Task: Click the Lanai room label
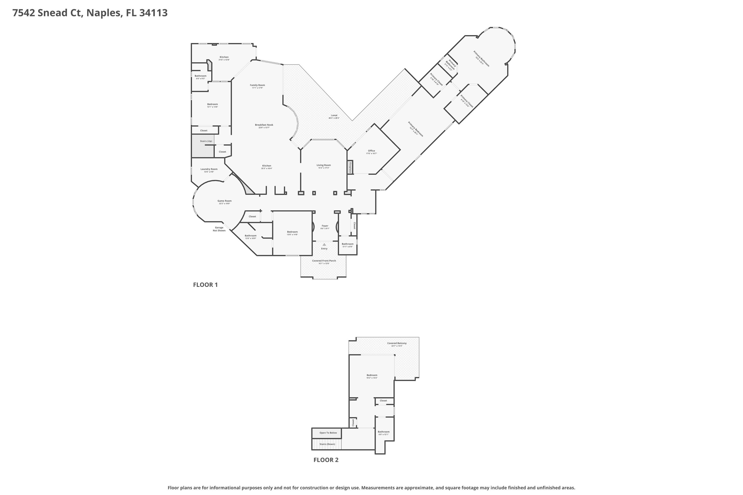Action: pos(334,116)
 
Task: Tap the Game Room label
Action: pos(224,201)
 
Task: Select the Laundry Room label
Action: pos(209,169)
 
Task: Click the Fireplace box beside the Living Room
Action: pos(350,167)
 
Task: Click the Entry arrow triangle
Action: pos(324,244)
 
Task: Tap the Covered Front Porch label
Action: pos(324,261)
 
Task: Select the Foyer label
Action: pos(325,226)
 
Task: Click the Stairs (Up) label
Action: pos(206,141)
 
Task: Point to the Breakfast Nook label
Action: pos(264,125)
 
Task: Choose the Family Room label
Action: pos(257,86)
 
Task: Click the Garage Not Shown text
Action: pos(219,229)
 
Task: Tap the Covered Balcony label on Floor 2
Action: pos(397,343)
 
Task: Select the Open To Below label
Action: pos(328,433)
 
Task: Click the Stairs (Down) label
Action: pos(327,444)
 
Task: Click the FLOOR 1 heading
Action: pos(205,285)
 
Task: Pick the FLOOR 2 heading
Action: pos(326,460)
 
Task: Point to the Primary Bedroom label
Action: pos(415,129)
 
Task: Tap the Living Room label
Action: pos(323,166)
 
